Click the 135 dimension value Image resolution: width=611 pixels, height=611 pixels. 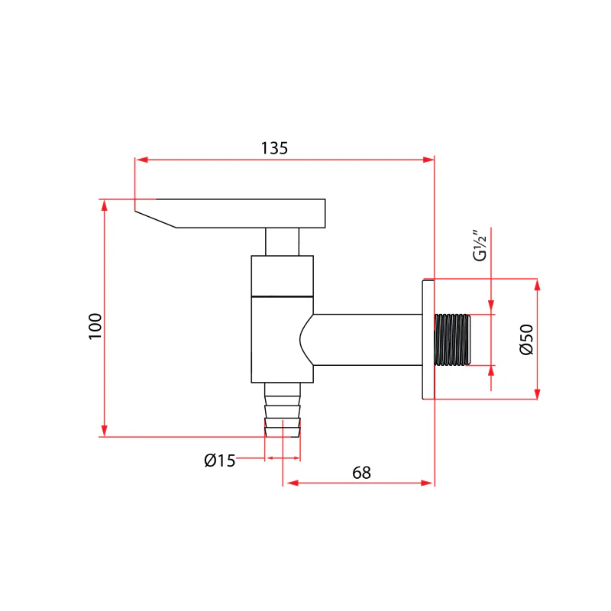274,148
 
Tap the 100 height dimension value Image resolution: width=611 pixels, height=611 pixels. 95,326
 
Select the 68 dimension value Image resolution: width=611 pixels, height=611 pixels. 361,473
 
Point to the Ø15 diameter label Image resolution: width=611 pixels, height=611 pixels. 220,461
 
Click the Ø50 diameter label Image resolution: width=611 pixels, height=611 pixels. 526,339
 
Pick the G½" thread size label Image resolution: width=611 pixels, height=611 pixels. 480,245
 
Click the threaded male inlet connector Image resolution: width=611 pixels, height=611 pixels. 452,340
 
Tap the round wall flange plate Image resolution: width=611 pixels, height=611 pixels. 428,339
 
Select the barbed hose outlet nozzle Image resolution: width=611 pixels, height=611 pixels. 283,409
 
